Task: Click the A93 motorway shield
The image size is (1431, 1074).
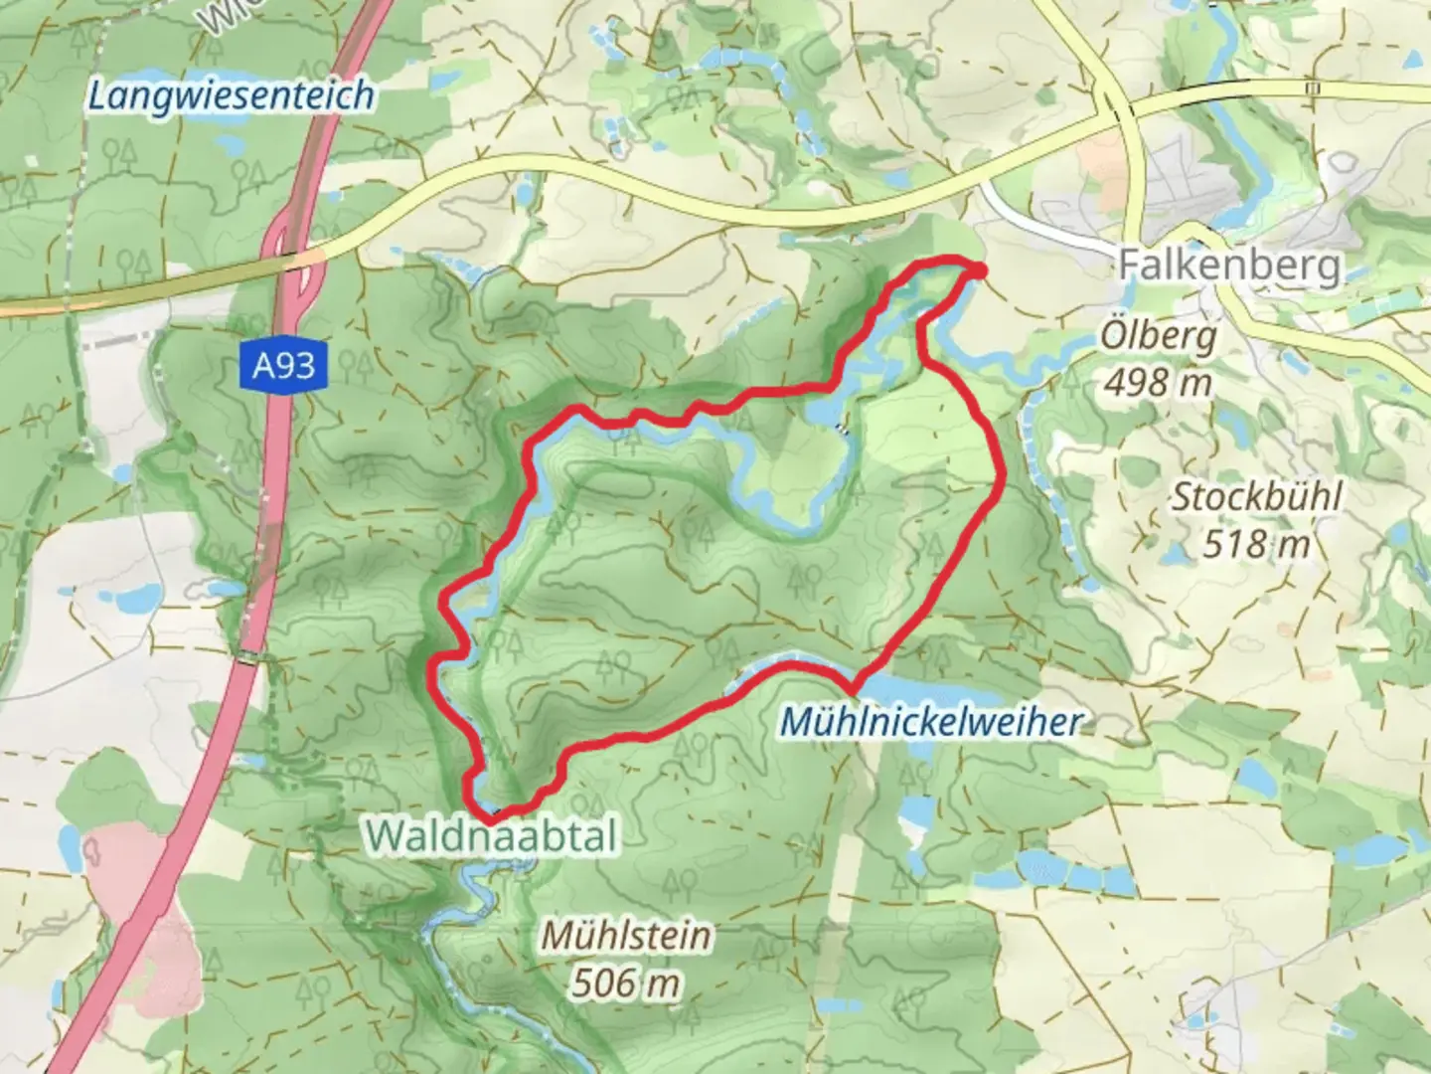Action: click(283, 366)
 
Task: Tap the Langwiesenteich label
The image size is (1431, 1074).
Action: click(231, 96)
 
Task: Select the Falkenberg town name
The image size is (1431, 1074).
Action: click(1229, 266)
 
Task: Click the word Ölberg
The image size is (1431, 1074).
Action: click(1158, 336)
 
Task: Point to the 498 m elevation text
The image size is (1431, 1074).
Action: click(1158, 382)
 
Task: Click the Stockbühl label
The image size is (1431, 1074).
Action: click(1256, 497)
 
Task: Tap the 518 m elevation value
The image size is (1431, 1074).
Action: click(1256, 544)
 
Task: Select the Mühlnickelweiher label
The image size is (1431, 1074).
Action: click(930, 722)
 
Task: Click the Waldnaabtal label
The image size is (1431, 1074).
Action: click(492, 835)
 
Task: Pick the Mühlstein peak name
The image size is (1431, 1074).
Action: click(626, 936)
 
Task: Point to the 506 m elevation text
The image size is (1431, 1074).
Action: click(626, 984)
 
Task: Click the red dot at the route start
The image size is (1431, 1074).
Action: click(978, 270)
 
